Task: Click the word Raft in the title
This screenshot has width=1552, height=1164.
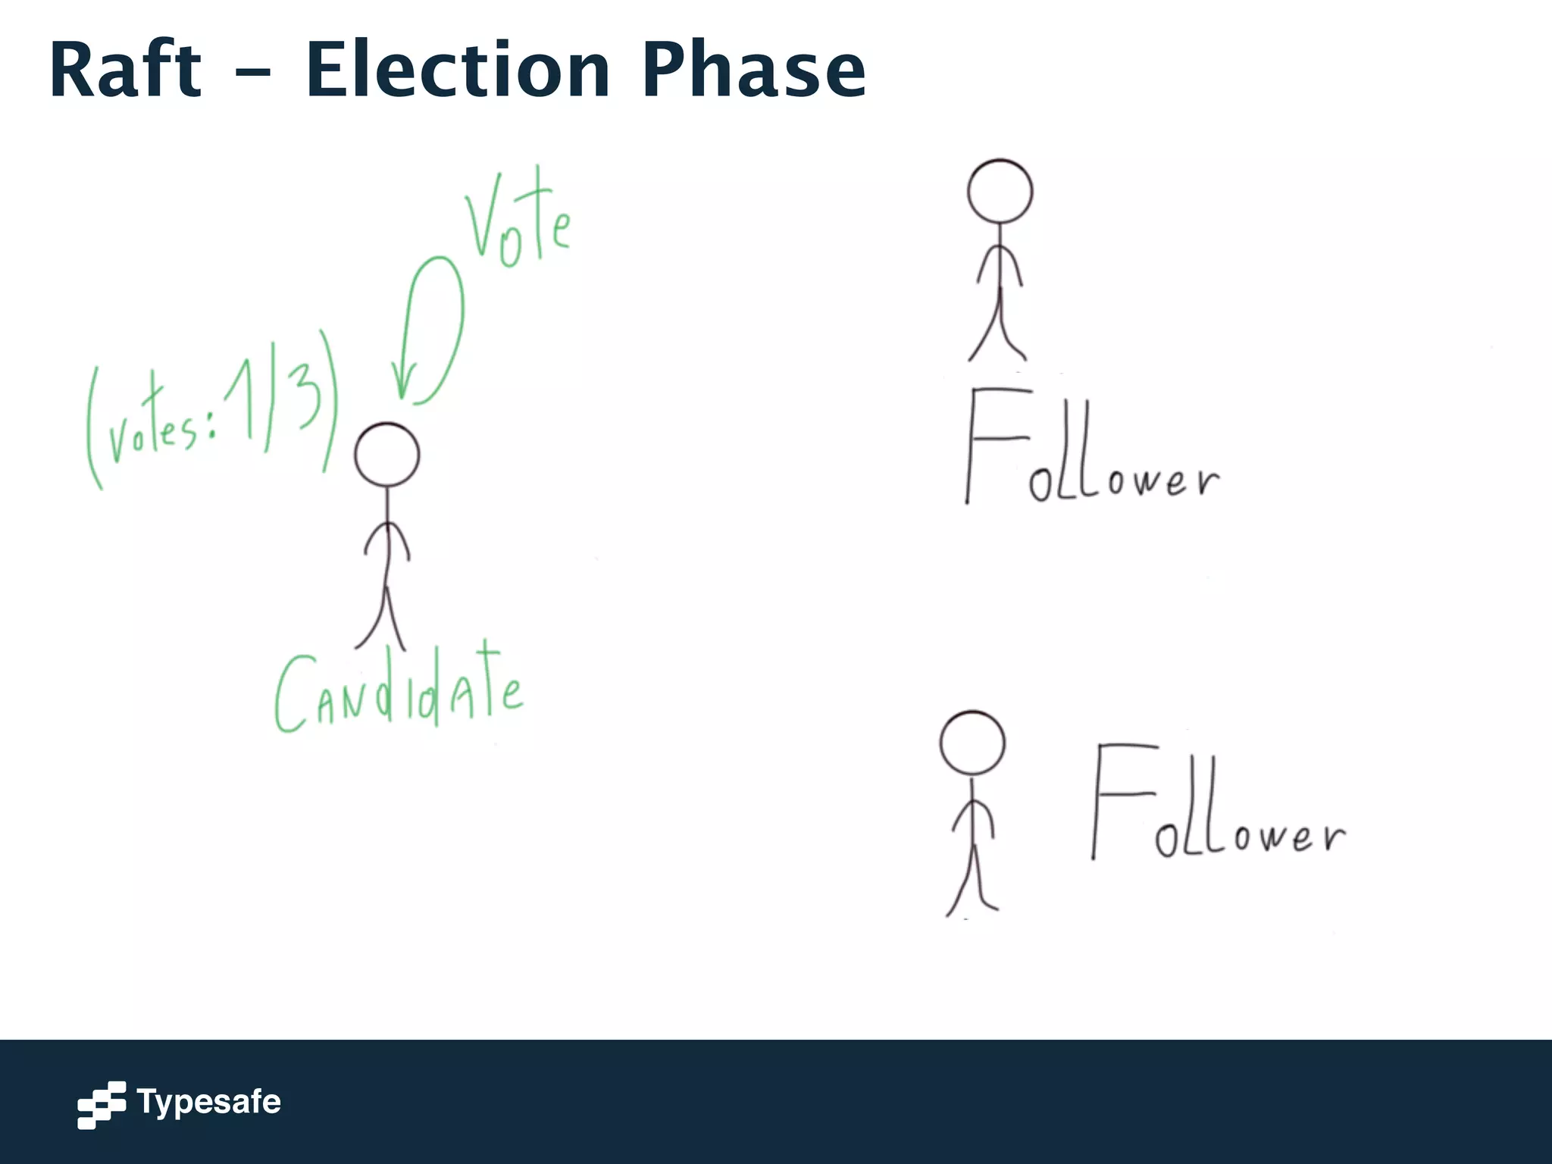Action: point(126,70)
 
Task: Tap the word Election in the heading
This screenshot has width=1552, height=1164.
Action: point(458,70)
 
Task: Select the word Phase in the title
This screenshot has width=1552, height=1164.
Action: point(753,70)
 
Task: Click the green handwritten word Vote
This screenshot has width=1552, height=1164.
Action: point(517,220)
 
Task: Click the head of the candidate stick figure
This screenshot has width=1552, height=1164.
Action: point(386,455)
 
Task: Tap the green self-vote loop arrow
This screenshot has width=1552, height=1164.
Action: point(443,318)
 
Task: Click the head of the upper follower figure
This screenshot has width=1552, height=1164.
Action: point(1000,191)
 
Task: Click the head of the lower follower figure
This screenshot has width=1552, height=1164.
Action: point(972,743)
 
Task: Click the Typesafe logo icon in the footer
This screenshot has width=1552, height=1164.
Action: point(102,1104)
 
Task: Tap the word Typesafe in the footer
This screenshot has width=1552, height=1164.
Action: point(208,1102)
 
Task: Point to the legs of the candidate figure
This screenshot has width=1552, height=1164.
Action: point(383,618)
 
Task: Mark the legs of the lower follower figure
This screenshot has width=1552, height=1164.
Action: point(972,879)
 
